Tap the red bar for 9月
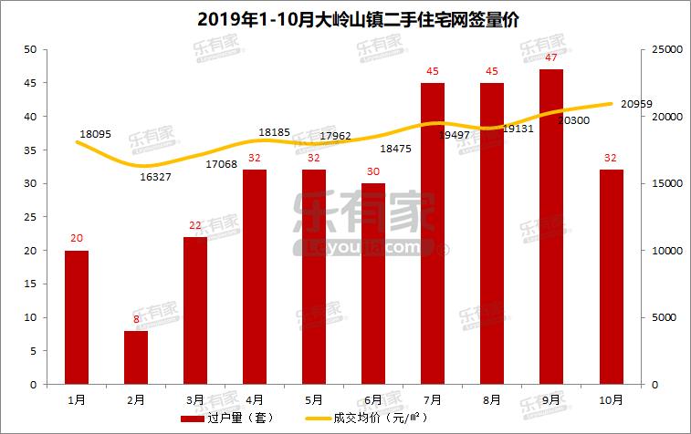coord(551,226)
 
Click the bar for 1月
coord(77,316)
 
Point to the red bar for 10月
coord(611,276)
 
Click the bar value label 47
coord(551,57)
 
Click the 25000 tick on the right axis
coord(665,49)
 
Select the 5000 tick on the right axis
coord(663,317)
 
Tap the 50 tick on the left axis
coord(30,49)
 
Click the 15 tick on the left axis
coord(30,284)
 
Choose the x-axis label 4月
coord(255,399)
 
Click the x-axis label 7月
coord(433,399)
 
